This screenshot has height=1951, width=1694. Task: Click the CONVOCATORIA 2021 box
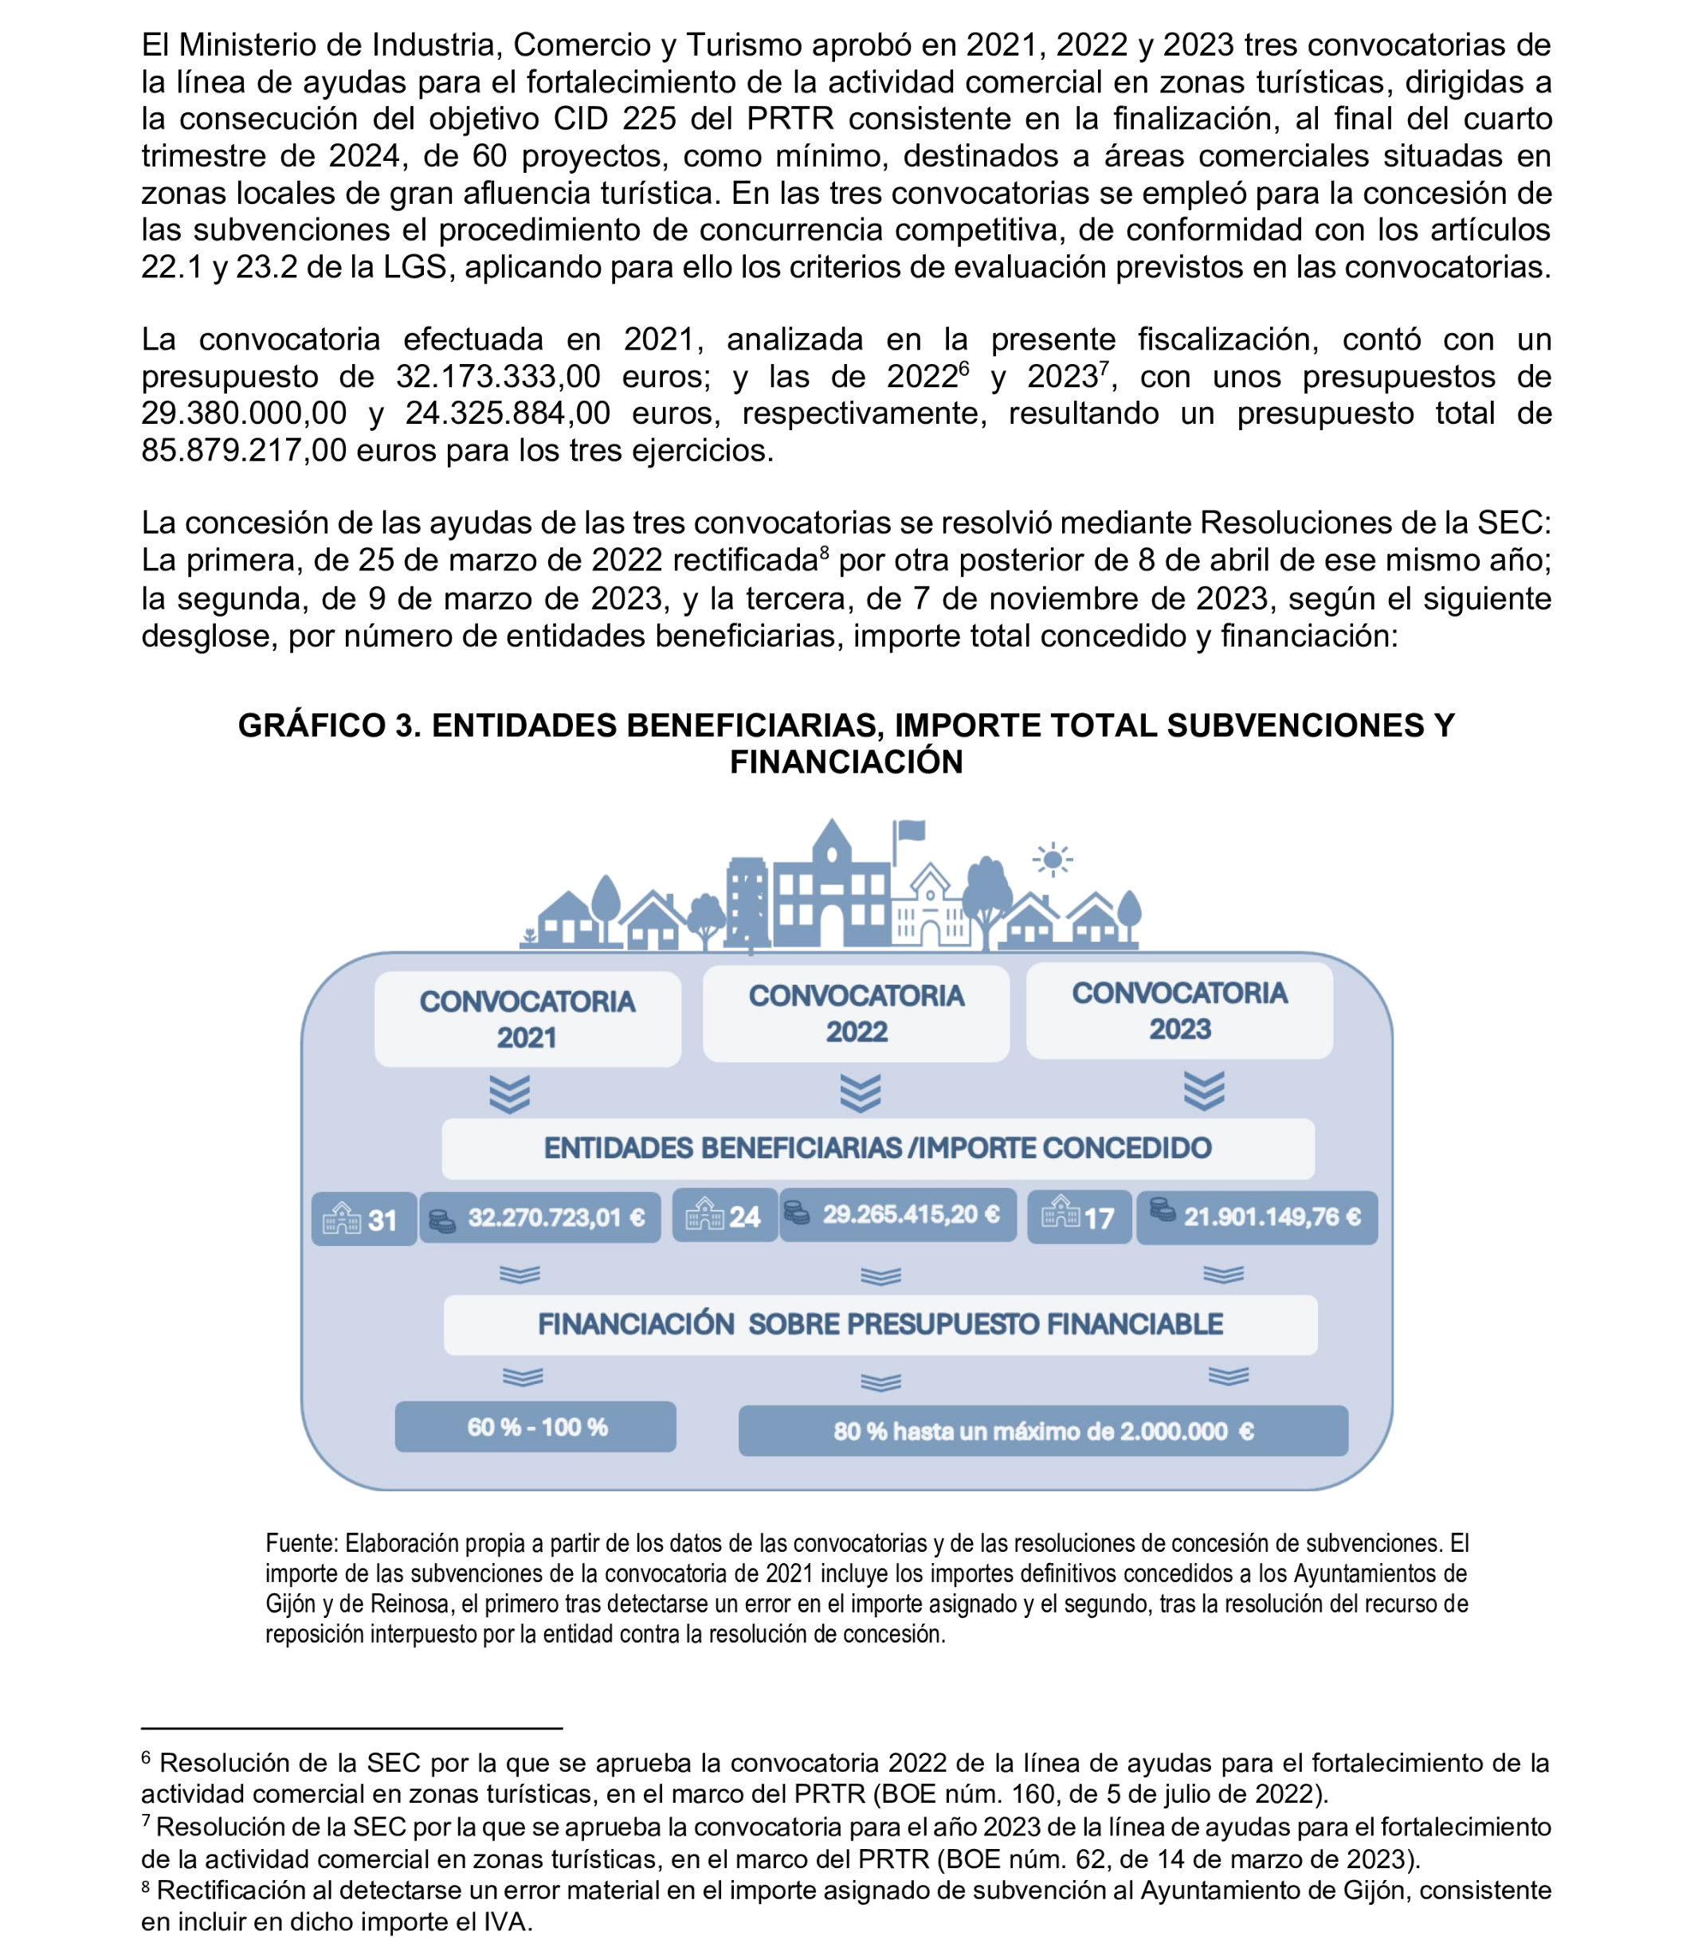coord(527,1019)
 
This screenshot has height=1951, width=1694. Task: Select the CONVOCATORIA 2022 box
coord(856,1013)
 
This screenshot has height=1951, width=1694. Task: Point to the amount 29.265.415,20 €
coord(897,1215)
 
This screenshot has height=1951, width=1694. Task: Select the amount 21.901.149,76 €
coord(1257,1216)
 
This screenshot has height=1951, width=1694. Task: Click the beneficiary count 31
coord(364,1220)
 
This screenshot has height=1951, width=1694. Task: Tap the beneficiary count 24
coord(725,1216)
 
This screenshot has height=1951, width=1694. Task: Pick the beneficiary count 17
coord(1080,1216)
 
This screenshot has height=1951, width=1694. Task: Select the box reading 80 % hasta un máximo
coord(1043,1431)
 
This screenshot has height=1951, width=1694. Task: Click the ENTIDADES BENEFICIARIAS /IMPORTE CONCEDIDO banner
coord(877,1149)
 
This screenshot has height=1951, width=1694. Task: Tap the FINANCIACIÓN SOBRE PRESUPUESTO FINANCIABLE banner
coord(880,1324)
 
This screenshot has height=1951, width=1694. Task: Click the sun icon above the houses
coord(1052,860)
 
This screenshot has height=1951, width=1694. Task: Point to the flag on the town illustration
coord(910,831)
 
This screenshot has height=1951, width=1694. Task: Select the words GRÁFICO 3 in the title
coord(329,725)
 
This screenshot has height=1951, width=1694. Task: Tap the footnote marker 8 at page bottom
coord(146,1888)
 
